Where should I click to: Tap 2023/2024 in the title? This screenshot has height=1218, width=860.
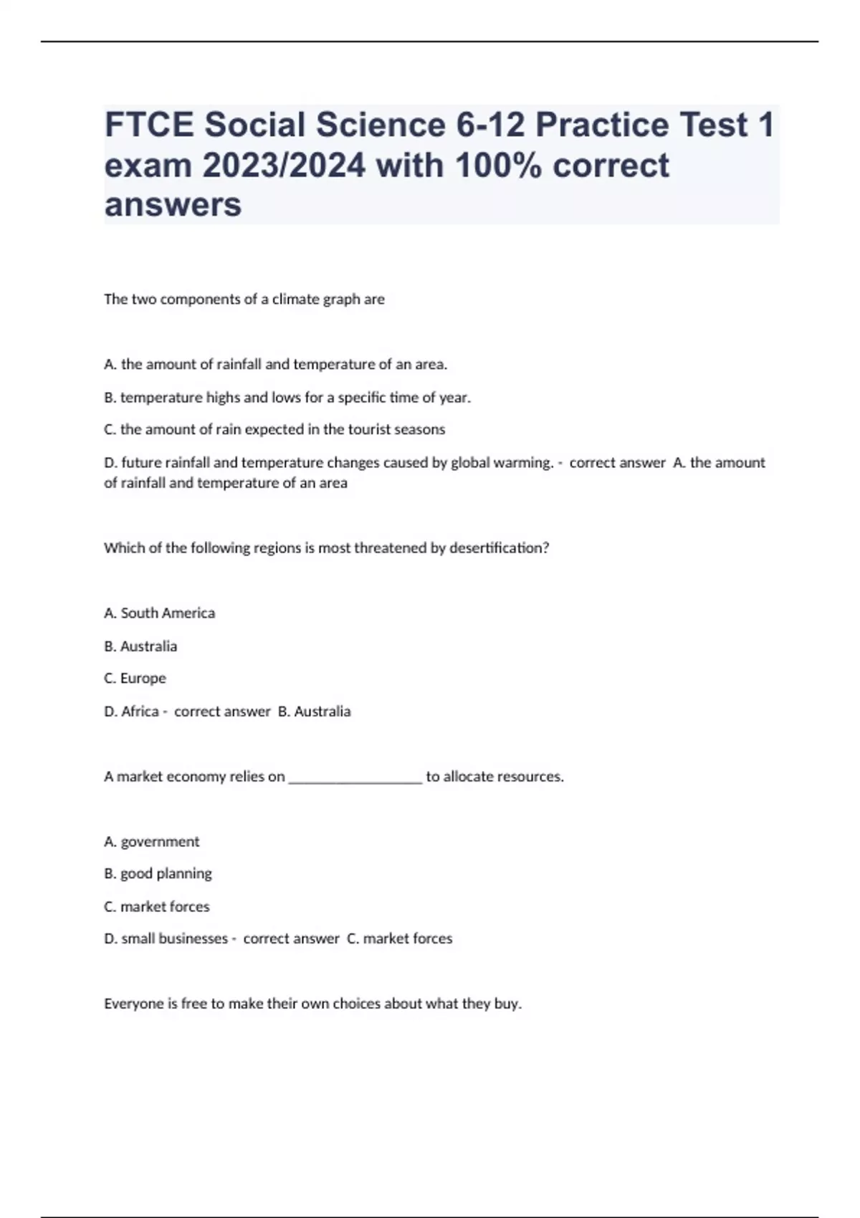285,166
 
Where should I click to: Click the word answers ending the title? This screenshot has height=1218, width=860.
173,205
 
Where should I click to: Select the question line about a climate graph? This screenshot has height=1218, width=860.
244,299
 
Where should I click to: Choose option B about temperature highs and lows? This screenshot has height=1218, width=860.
287,397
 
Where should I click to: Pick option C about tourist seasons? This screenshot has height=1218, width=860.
274,429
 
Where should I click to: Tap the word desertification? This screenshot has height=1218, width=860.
499,548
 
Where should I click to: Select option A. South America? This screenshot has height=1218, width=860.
159,613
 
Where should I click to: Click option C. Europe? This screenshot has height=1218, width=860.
135,678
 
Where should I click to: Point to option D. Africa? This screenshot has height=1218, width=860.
131,711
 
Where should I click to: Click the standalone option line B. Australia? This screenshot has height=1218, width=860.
140,646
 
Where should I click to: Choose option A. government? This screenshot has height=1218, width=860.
152,842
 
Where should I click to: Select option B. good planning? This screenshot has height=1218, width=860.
158,873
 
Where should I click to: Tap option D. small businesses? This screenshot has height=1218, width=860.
166,939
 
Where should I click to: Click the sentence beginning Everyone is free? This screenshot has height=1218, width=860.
312,1004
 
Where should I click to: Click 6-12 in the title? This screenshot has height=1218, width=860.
490,125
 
